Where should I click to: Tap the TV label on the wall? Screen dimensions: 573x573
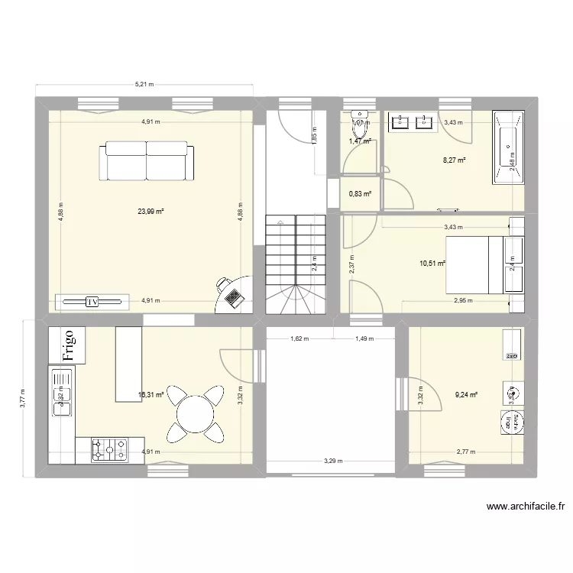point(93,302)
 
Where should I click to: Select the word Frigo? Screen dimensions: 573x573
point(68,345)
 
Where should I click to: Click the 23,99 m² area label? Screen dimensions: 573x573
point(151,212)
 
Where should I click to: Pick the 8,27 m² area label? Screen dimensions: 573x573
point(454,161)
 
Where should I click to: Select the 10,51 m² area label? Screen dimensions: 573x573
point(432,264)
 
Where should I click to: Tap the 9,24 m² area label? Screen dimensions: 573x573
point(465,395)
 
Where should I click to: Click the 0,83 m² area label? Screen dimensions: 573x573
point(360,194)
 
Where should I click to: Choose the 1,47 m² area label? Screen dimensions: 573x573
point(360,141)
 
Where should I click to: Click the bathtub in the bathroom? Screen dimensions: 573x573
point(509,148)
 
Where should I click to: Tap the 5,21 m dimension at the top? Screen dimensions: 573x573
point(144,85)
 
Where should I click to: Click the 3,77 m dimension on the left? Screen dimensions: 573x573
point(23,397)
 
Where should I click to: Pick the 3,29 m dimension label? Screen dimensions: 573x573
point(333,461)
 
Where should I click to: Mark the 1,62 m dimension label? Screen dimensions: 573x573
point(299,339)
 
